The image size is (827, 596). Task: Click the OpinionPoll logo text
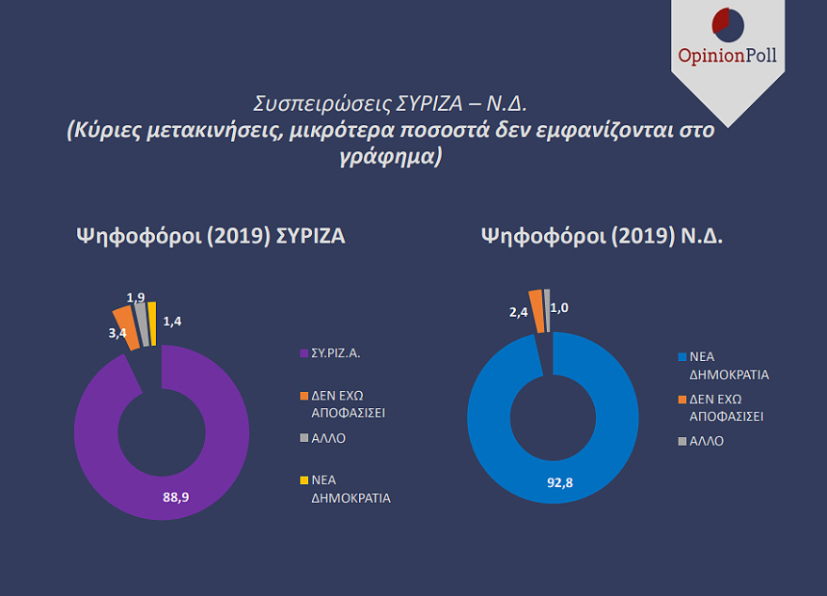click(728, 55)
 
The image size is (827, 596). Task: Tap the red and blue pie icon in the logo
click(728, 23)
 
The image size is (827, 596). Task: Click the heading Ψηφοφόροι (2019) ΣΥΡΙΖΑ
click(211, 237)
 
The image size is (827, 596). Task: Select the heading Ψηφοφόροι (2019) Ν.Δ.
click(602, 237)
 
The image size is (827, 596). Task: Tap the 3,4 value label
click(117, 332)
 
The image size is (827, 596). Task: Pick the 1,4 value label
click(173, 322)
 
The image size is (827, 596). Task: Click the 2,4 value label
click(519, 311)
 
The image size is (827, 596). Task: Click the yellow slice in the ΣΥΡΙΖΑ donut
click(151, 322)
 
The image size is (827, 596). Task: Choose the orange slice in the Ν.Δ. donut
click(537, 310)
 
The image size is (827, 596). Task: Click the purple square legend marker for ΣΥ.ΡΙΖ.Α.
click(303, 353)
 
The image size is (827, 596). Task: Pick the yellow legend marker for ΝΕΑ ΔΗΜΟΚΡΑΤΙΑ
click(303, 481)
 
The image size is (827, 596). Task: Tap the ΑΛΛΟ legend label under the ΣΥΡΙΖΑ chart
click(329, 438)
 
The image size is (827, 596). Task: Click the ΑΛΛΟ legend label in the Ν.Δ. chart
click(707, 441)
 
